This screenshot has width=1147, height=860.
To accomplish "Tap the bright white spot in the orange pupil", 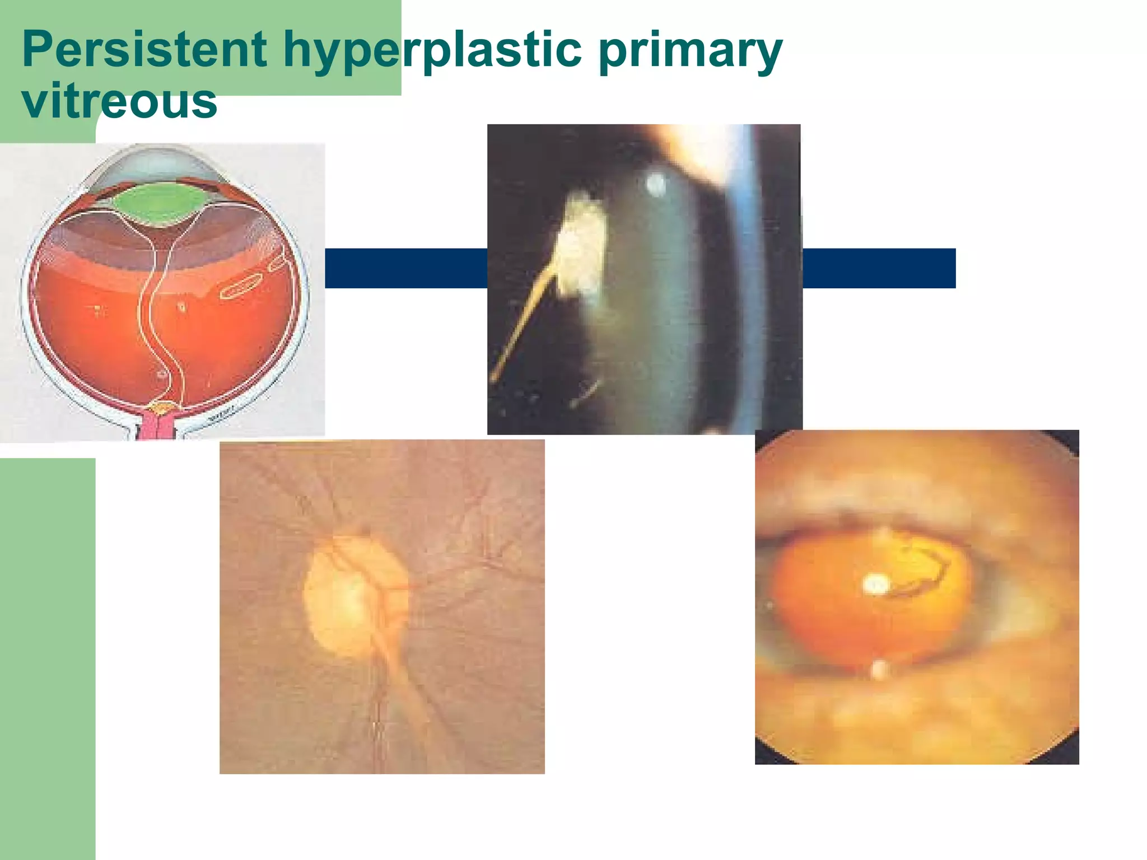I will click(874, 585).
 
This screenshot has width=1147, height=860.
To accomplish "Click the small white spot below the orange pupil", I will click(879, 669).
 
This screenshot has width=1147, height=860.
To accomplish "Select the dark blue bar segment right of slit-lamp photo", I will click(879, 268).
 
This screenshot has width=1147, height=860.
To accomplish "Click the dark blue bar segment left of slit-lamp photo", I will click(406, 268).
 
